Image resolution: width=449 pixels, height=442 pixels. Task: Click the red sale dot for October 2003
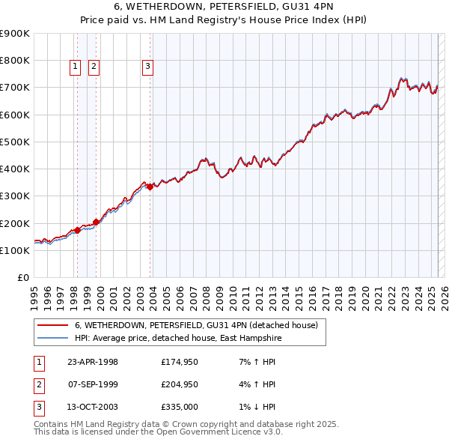150,187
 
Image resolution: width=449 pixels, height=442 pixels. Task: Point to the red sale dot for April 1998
77,231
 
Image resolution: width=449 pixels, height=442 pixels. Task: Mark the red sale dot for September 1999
96,222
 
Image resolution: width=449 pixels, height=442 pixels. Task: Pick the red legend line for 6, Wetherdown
52,325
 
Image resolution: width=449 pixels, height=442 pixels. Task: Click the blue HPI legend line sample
52,338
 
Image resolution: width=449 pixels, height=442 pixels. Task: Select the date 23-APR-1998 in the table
93,362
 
